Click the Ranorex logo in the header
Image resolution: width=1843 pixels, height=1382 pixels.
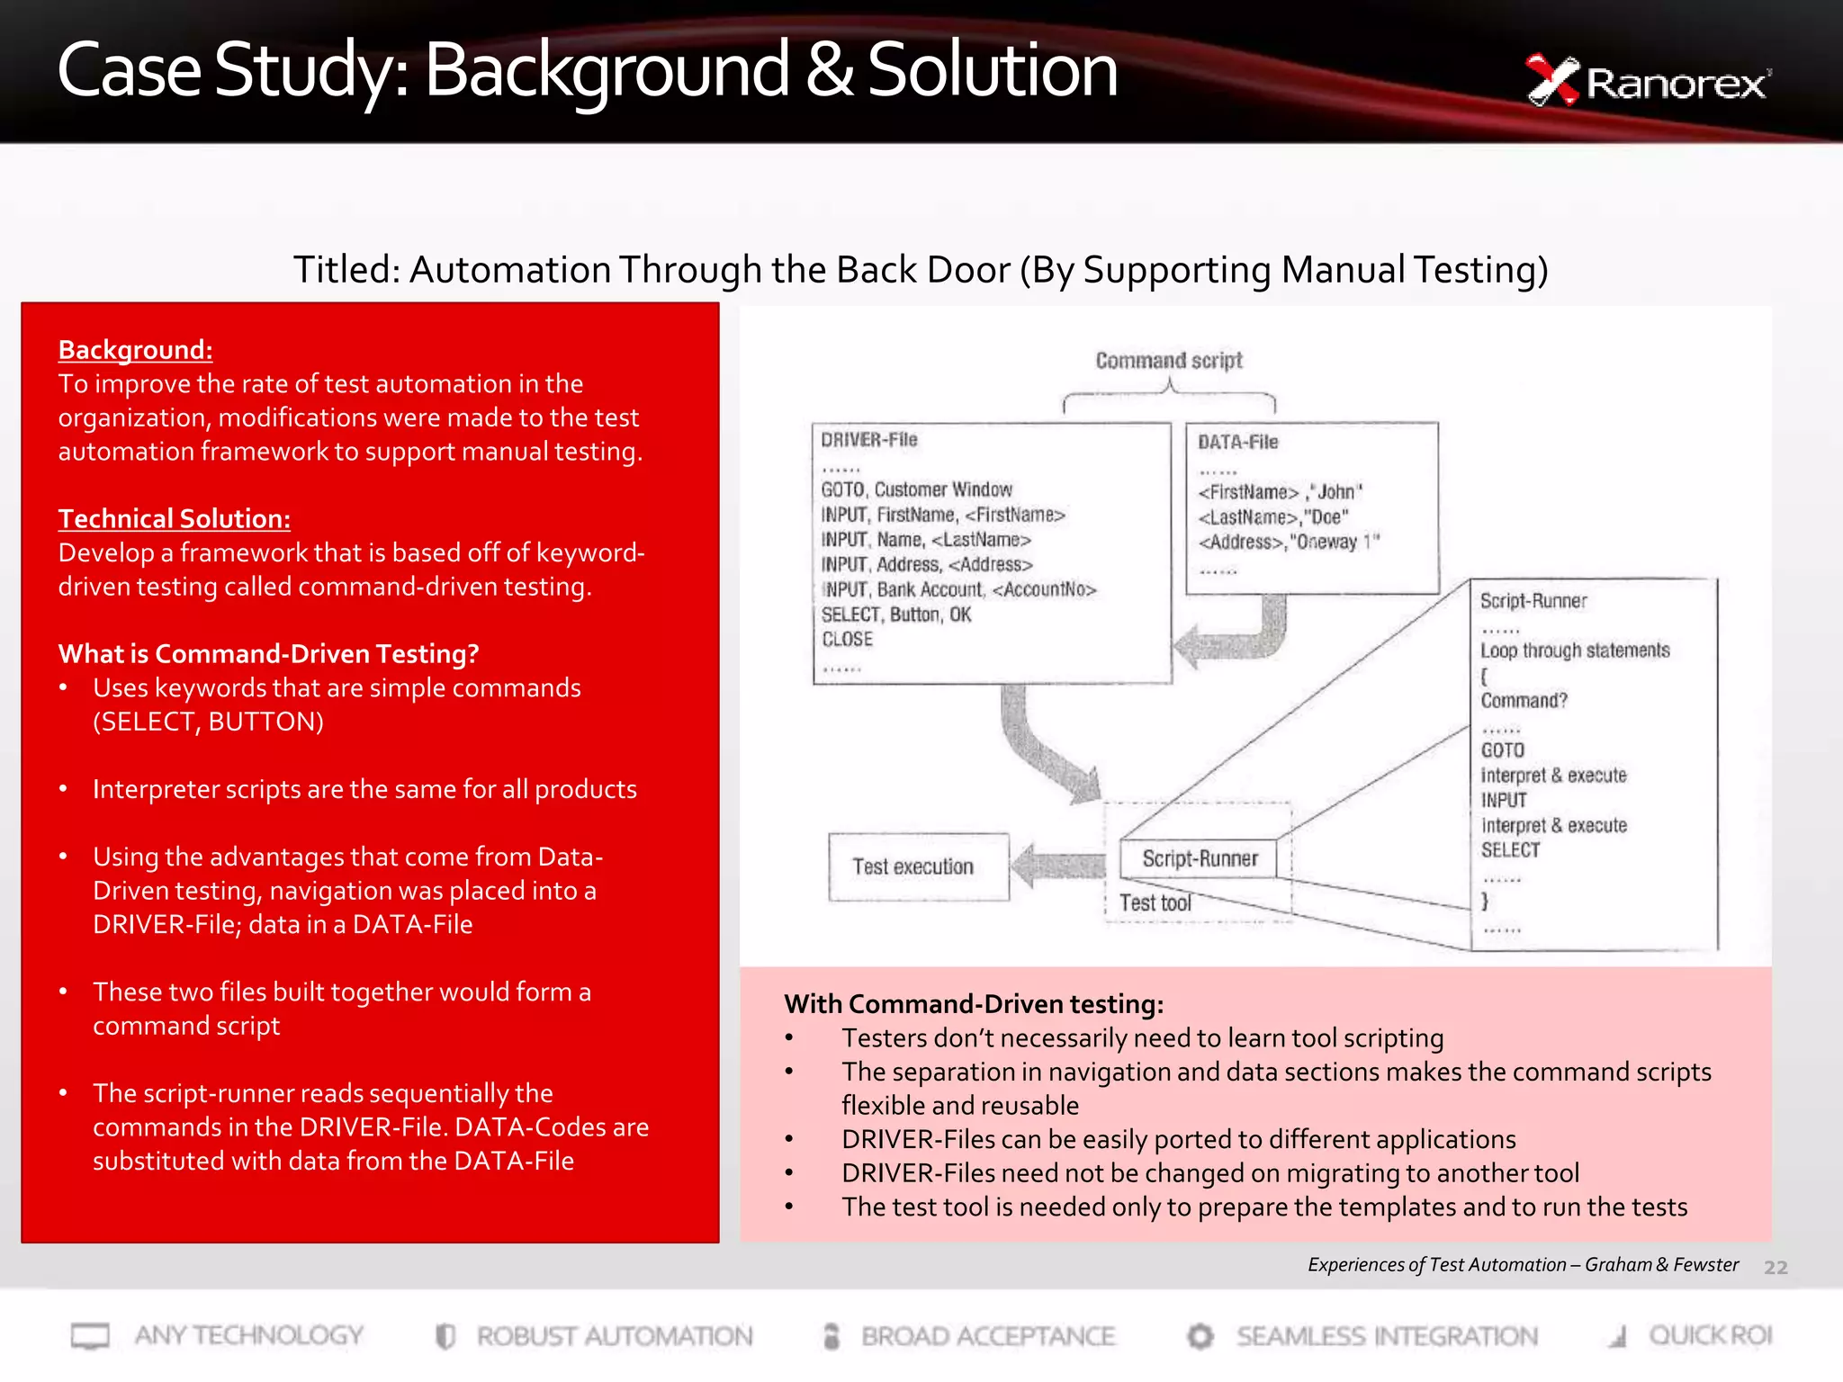coord(1647,81)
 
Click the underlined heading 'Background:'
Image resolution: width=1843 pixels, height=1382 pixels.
coord(135,350)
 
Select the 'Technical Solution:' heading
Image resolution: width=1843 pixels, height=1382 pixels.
coord(174,519)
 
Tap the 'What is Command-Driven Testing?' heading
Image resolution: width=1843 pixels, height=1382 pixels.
coord(268,654)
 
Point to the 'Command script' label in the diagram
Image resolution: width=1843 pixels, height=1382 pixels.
coord(1168,361)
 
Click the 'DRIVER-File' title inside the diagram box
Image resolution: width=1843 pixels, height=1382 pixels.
coord(868,440)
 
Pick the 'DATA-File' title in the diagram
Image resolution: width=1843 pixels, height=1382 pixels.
coord(1237,442)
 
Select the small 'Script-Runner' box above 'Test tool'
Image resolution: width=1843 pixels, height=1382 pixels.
coord(1200,858)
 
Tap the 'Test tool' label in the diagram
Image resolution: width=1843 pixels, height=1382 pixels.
coord(1155,902)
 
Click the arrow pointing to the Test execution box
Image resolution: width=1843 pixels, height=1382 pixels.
coord(1056,865)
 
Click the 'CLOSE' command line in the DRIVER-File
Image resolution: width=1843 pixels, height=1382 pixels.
coord(847,640)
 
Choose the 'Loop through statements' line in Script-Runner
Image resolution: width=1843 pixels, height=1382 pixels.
coord(1575,651)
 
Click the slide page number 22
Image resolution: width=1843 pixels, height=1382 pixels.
coord(1775,1268)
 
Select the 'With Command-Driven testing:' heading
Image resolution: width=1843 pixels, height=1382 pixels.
coord(974,1004)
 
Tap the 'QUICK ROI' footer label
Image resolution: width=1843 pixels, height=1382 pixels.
coord(1709,1335)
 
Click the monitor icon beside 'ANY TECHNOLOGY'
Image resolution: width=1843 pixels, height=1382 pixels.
coord(90,1336)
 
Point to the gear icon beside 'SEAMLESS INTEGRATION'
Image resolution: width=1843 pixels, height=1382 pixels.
coord(1200,1336)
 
